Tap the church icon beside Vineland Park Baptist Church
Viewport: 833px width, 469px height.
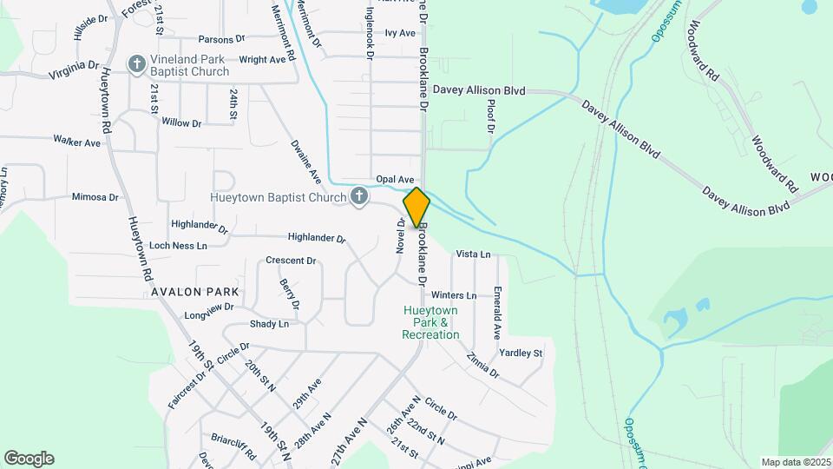click(136, 63)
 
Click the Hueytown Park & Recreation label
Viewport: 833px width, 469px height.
click(430, 322)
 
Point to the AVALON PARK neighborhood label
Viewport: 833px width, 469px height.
click(194, 292)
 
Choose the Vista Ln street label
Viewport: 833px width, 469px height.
click(473, 254)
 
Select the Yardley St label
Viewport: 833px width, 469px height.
click(521, 353)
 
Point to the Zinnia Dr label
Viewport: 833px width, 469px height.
click(482, 365)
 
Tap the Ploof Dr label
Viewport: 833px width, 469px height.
click(491, 116)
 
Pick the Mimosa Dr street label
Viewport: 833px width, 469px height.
click(95, 197)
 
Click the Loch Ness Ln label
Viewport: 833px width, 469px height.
click(178, 246)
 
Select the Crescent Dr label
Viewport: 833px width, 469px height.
click(291, 261)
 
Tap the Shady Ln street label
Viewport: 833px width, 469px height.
click(269, 324)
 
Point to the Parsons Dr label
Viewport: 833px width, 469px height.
click(223, 39)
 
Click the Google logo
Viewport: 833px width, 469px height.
click(29, 459)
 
